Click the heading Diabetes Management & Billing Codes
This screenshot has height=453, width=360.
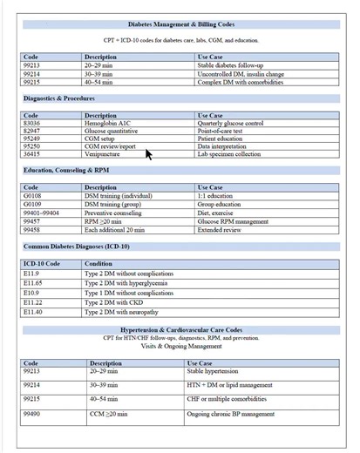[x=180, y=24]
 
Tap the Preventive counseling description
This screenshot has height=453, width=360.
[x=113, y=211]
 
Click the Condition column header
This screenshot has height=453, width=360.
[x=98, y=263]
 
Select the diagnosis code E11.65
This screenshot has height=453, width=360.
[x=33, y=283]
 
